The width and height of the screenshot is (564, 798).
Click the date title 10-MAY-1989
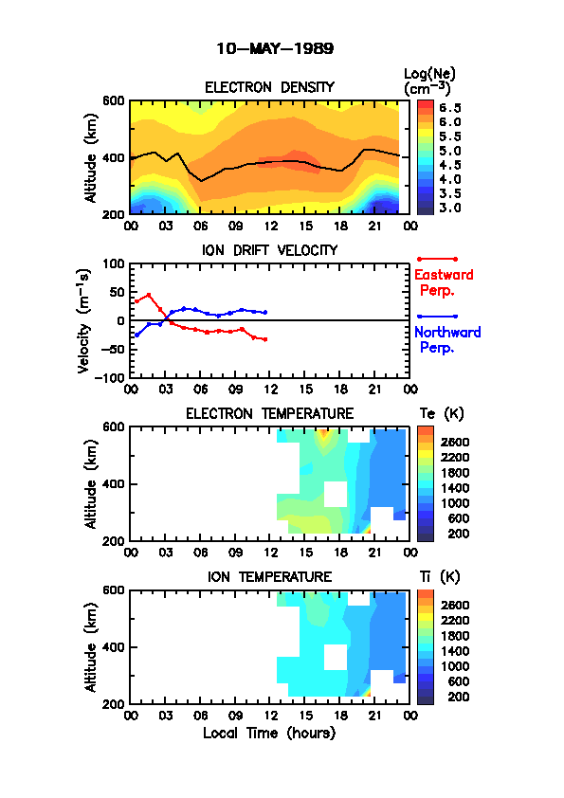point(275,49)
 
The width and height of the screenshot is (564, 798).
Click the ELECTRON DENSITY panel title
point(269,87)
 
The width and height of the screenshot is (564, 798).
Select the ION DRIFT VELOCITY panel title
point(270,250)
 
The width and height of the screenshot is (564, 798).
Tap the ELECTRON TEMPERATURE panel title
point(269,414)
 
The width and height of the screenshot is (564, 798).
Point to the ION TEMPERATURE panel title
point(269,576)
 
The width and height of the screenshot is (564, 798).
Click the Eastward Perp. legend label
point(444,282)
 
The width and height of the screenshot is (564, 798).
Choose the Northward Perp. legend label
point(447,340)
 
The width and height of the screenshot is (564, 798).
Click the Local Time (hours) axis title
point(269,734)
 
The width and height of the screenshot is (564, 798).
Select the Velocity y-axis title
point(84,321)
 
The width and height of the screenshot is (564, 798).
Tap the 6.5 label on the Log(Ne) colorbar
point(450,108)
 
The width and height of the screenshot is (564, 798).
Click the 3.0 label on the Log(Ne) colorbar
point(450,208)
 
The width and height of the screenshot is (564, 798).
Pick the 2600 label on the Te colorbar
point(455,442)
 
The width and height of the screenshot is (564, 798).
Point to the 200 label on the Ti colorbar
point(458,697)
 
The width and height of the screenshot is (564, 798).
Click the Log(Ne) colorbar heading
point(429,82)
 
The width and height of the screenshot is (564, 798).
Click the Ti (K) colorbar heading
point(440,576)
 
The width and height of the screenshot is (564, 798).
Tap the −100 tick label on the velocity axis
point(112,377)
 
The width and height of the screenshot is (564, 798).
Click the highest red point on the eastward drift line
point(149,295)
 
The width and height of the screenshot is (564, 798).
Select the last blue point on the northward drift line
point(265,313)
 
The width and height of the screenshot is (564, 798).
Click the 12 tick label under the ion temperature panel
point(270,716)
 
